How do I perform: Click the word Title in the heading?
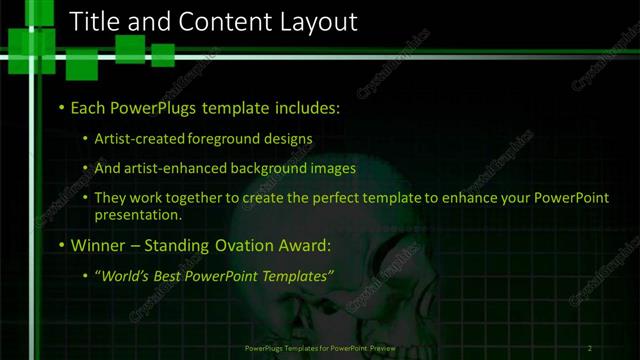tap(100, 21)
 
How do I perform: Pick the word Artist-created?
tap(140, 139)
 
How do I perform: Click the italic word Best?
tap(172, 275)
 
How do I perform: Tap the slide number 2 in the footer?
tap(590, 348)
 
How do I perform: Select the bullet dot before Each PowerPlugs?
tap(62, 107)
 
